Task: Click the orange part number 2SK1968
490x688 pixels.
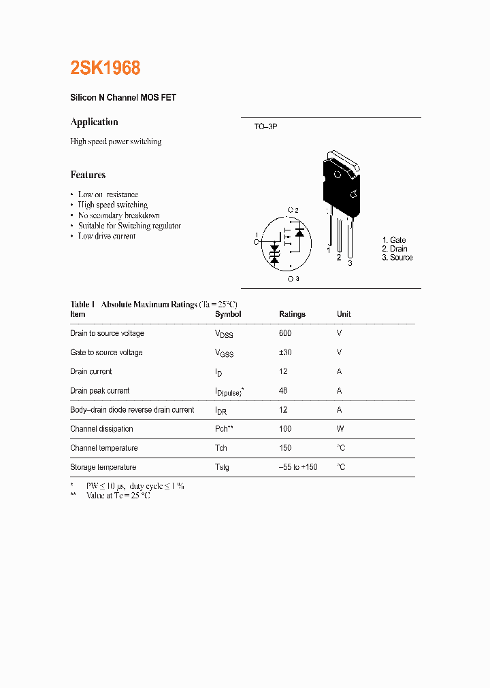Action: coord(105,68)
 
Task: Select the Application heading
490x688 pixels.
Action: coord(94,122)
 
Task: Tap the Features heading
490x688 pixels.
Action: coord(88,175)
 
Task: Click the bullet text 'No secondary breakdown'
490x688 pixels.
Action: coord(119,216)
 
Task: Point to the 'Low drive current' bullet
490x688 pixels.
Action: coord(107,236)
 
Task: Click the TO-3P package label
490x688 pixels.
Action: coord(265,127)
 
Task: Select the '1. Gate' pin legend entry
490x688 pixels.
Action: coord(394,240)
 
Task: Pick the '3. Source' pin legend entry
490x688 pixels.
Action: coord(397,258)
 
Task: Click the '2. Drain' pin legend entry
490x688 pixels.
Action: coord(395,249)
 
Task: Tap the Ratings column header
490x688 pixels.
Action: coord(292,314)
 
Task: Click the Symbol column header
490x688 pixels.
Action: coord(228,314)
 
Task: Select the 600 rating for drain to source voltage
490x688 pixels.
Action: coord(285,333)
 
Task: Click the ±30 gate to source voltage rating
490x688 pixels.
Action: coord(286,352)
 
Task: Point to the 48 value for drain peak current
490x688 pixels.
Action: coord(283,391)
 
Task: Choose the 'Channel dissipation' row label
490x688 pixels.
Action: coord(101,429)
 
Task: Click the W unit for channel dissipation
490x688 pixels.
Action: coord(340,429)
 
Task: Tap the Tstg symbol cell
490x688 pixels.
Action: coord(222,468)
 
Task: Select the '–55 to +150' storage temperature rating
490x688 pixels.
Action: coord(298,468)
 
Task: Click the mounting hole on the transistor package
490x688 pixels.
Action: coord(338,173)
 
